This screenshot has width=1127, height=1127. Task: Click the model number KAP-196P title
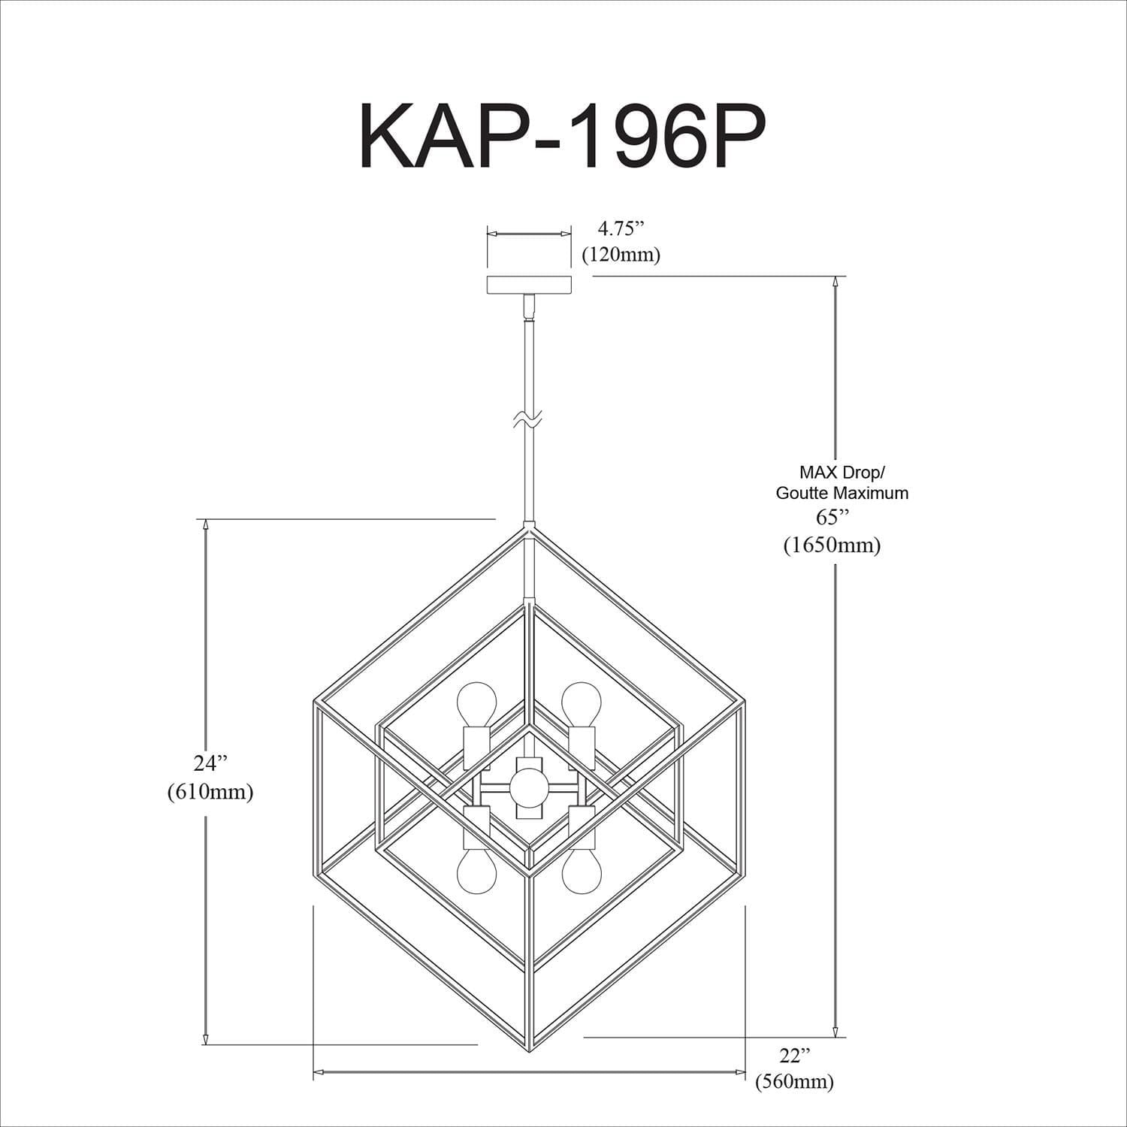click(562, 135)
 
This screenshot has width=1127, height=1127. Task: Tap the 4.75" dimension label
click(621, 228)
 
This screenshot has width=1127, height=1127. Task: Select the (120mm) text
click(621, 255)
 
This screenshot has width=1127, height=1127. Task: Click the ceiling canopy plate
click(529, 285)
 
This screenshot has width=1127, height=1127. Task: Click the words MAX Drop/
click(841, 473)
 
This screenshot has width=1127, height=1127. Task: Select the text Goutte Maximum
click(841, 493)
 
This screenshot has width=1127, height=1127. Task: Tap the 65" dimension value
click(832, 518)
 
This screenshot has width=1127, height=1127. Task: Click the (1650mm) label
click(832, 545)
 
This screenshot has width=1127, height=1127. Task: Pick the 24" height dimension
click(210, 763)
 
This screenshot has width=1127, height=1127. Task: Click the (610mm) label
click(210, 791)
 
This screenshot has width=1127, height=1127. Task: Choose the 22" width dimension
click(794, 1056)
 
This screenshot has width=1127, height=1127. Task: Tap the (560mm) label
click(794, 1082)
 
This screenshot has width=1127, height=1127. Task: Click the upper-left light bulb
click(476, 702)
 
